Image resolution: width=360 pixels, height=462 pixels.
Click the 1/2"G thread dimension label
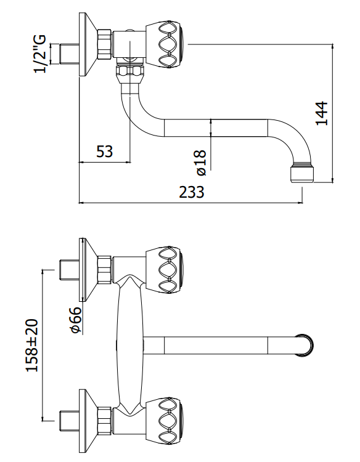coord(41,54)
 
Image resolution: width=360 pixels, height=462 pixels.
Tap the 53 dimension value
coord(105,152)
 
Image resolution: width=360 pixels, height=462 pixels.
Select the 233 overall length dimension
coord(192,192)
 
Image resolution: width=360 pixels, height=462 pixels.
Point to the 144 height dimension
coord(321,113)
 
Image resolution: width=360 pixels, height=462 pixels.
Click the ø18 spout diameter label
coord(202,163)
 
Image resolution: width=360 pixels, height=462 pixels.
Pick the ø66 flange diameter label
coord(76,320)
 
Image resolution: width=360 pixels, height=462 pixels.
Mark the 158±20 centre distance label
coord(32,345)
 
